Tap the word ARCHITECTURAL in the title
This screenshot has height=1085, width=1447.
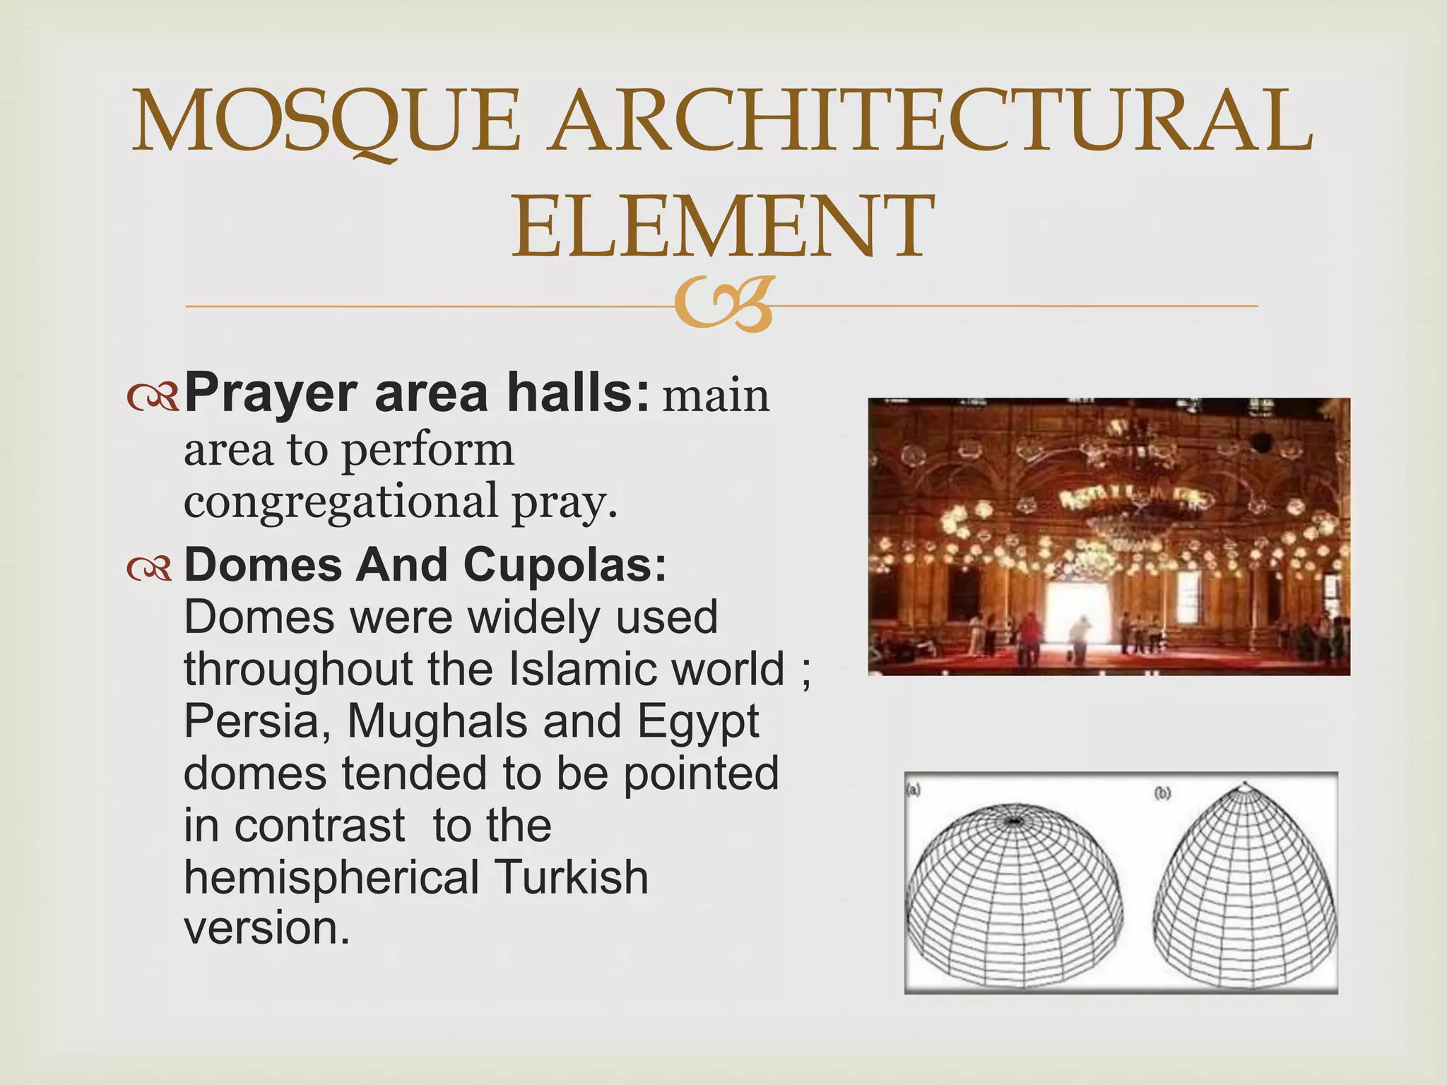pos(931,121)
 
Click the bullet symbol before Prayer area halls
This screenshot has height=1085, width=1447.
pos(153,398)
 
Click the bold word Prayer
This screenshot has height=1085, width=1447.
pos(271,393)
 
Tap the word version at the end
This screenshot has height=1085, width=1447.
pos(266,928)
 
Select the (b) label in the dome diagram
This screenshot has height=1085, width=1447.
pos(1162,793)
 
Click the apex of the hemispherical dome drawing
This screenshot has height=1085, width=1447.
pos(1015,821)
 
